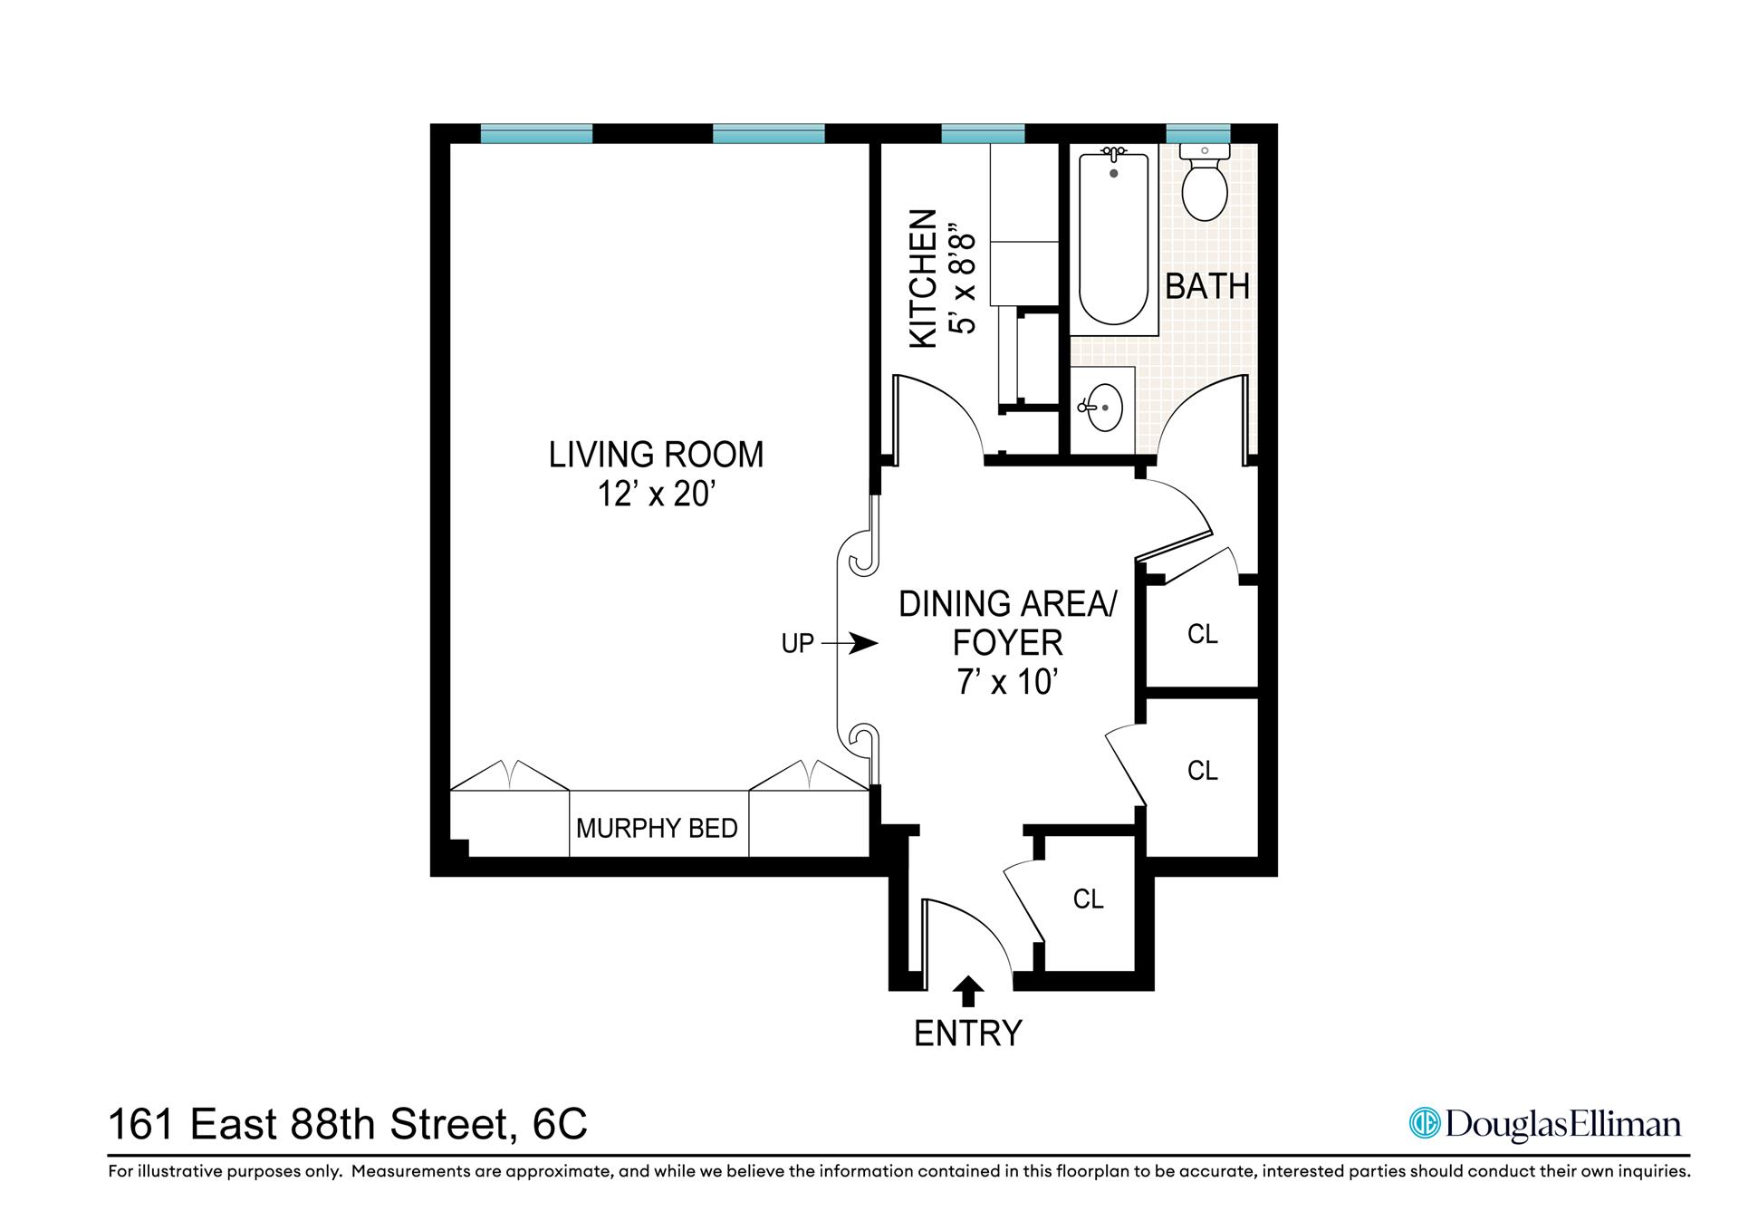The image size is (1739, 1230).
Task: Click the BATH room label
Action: pos(1206,286)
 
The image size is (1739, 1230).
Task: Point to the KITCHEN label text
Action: pos(922,278)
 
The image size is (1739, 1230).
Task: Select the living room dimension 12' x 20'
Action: pos(657,495)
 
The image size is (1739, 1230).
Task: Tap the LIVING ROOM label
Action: pos(657,454)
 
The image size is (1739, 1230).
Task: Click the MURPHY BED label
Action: pos(657,828)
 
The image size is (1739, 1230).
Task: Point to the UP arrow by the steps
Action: pos(851,644)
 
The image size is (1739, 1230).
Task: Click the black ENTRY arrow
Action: pos(968,991)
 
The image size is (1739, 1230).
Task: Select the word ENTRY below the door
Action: pos(967,1033)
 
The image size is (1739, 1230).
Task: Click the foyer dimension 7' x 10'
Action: pos(1007,681)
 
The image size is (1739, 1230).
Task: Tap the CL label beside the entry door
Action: pos(1088,898)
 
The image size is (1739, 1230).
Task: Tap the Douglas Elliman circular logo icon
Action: pos(1424,1124)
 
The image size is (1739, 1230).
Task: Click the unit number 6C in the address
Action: pos(560,1125)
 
